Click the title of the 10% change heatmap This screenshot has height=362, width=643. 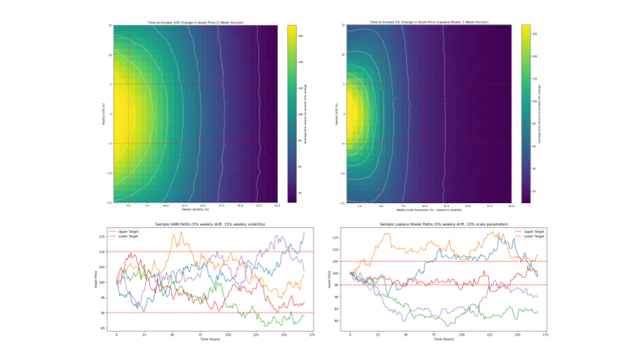click(195, 23)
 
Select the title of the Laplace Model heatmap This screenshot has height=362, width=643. click(428, 23)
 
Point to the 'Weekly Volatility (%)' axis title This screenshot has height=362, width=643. click(195, 209)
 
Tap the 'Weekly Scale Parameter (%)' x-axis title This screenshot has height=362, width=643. click(428, 209)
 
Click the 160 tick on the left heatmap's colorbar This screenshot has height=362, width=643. click(301, 36)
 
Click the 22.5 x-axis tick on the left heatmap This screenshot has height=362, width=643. click(259, 205)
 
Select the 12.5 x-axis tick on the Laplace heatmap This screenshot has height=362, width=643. click(445, 205)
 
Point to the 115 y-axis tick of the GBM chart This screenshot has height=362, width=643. click(102, 237)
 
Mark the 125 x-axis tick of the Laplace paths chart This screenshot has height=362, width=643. click(489, 333)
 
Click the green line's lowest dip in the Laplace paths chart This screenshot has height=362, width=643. click(445, 325)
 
